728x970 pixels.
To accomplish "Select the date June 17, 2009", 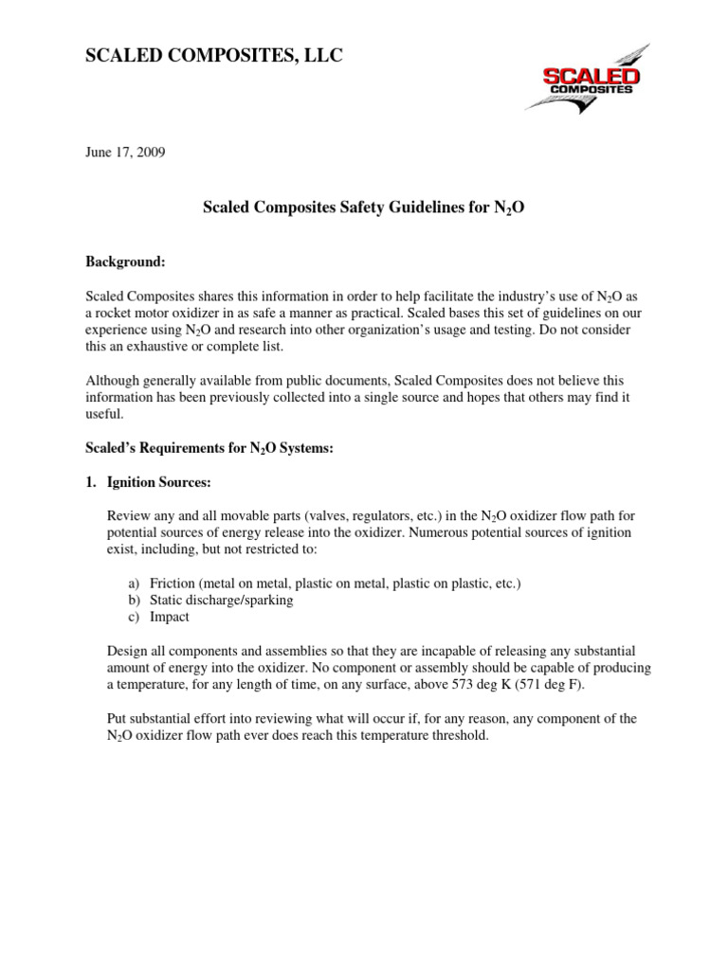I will coord(125,153).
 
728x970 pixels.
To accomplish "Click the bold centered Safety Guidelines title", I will coord(364,205).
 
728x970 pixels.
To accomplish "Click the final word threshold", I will coord(458,736).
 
